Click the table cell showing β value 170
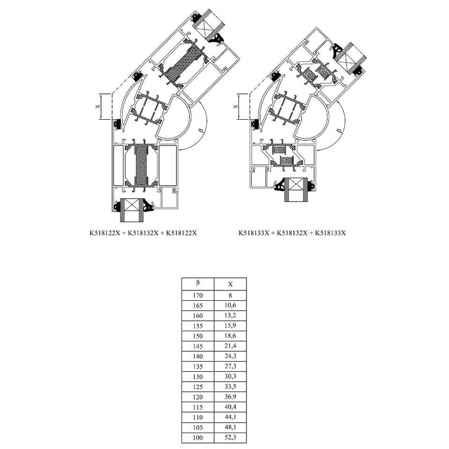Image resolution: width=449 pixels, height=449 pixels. [198, 295]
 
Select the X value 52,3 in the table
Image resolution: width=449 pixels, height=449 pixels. [230, 437]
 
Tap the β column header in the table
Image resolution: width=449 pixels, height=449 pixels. [198, 284]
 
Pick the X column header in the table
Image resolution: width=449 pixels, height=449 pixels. [230, 284]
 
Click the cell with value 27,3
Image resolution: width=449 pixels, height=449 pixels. [230, 366]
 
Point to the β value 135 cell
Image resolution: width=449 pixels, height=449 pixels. [198, 366]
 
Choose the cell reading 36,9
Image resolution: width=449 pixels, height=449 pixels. [230, 397]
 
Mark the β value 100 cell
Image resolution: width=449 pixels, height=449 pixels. [198, 437]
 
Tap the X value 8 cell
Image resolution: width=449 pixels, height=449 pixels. [230, 295]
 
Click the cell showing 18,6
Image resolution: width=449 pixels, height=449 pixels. [230, 336]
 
